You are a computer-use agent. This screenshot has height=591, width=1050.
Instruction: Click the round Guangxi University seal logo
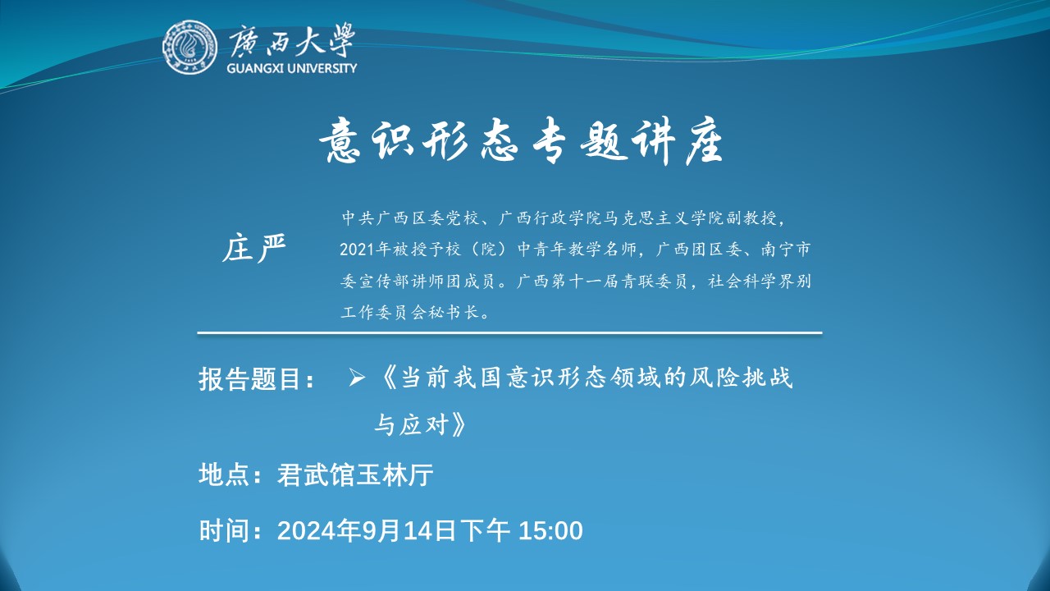(189, 47)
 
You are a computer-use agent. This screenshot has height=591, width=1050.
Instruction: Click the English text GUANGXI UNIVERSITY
(291, 68)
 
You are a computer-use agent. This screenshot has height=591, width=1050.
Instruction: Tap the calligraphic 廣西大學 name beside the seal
(291, 40)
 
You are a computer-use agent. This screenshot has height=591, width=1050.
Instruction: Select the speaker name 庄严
(253, 248)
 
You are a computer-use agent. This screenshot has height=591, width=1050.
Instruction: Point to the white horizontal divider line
(509, 333)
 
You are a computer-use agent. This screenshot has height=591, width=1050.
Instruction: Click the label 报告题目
(249, 378)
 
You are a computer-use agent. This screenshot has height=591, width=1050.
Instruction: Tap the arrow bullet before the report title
(357, 378)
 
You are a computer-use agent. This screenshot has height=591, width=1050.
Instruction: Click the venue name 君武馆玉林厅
(355, 474)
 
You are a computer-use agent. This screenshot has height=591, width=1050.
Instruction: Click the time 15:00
(550, 531)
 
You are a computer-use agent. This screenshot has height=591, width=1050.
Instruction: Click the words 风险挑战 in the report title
(741, 377)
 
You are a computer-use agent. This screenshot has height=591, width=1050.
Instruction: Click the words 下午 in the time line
(485, 530)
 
